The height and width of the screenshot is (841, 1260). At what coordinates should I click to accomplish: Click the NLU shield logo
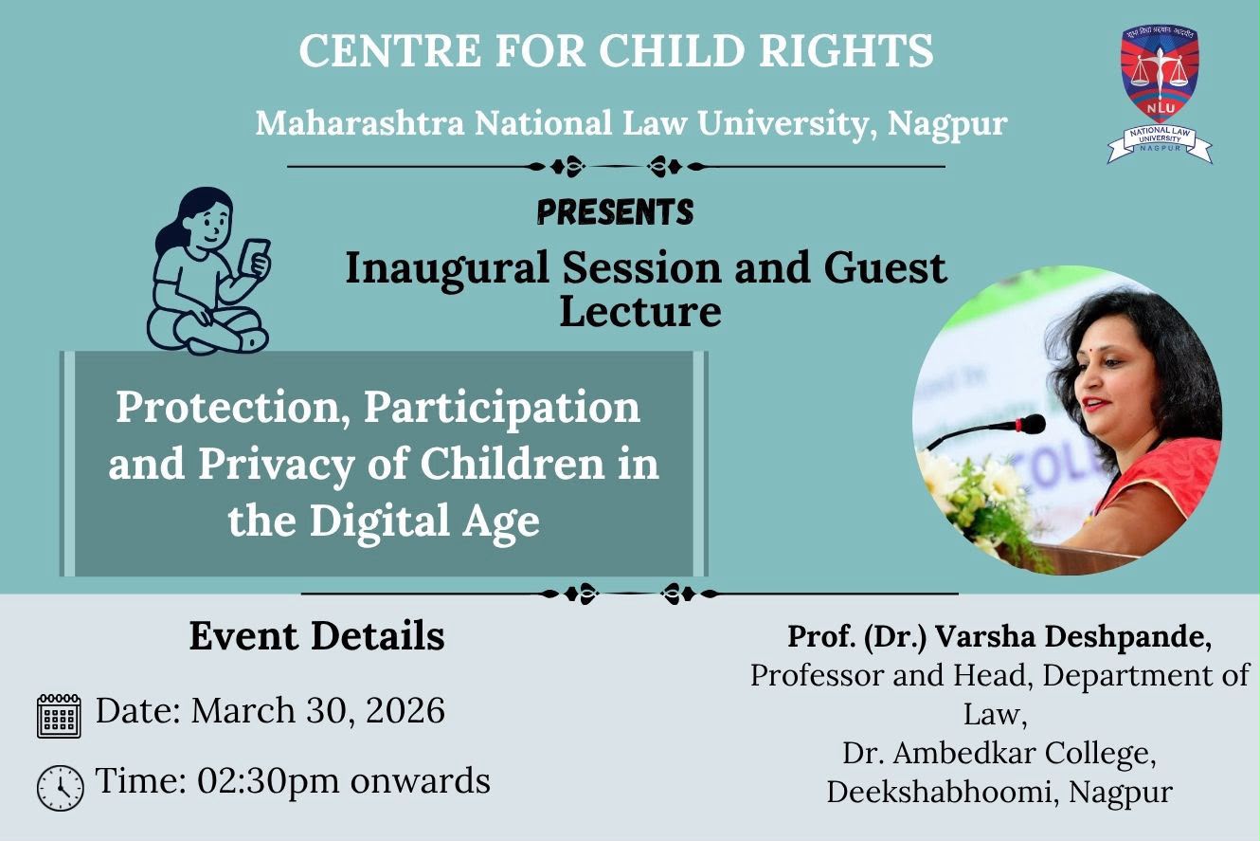click(x=1160, y=94)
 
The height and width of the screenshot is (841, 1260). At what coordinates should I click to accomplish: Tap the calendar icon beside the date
click(x=59, y=716)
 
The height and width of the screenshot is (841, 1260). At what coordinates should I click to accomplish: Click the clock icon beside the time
click(x=61, y=788)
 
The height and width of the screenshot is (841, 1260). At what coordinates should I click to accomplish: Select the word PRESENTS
click(x=616, y=212)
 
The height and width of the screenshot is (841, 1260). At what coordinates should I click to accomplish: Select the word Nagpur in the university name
click(x=947, y=125)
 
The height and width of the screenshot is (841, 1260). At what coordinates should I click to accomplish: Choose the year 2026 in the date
click(x=405, y=710)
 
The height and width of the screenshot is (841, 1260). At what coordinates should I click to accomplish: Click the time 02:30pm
click(x=268, y=781)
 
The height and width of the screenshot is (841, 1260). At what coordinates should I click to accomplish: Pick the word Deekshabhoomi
click(x=939, y=792)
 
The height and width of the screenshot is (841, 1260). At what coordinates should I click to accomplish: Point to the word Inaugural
click(x=447, y=269)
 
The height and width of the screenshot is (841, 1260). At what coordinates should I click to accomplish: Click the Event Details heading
click(x=317, y=636)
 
